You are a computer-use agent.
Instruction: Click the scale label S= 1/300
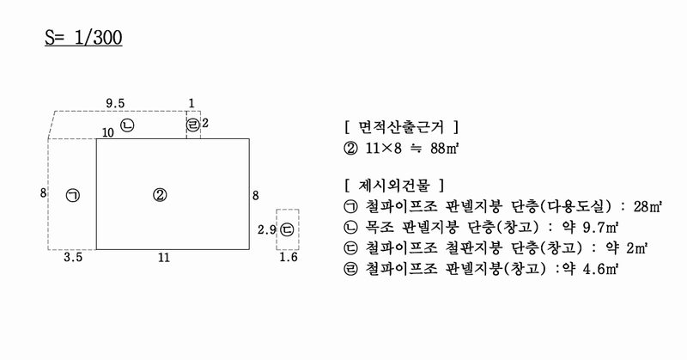point(83,38)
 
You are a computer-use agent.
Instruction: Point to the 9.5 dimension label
point(115,103)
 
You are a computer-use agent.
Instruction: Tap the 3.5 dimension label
point(73,257)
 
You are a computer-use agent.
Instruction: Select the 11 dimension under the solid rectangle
point(164,258)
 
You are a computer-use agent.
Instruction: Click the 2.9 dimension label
point(266,229)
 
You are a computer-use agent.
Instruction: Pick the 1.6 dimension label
point(289,257)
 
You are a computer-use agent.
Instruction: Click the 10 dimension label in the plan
point(108,132)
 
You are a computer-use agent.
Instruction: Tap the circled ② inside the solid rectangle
point(160,195)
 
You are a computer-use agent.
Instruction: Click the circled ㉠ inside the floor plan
point(73,195)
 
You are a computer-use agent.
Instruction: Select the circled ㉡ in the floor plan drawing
point(127,125)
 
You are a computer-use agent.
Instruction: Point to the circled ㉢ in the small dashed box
point(287,229)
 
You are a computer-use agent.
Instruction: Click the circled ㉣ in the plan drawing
point(193,125)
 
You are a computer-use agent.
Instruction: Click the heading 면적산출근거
point(401,127)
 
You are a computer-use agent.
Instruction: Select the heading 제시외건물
point(394,185)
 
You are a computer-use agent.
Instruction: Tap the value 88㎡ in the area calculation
point(444,148)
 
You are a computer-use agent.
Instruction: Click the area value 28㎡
point(647,206)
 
